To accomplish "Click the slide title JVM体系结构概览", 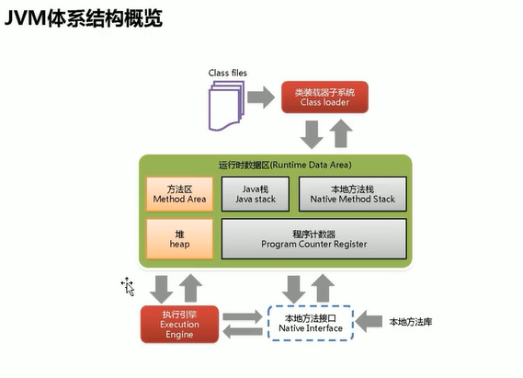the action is coord(84,17).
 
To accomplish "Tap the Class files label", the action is coord(227,73).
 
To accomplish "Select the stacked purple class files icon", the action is coord(226,106).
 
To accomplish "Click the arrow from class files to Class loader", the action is coord(261,97).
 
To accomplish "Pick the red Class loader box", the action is coord(324,97).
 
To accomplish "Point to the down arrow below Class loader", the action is coord(312,134).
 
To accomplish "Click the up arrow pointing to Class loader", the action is coord(341,133).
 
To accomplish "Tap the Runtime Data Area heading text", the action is coord(285,165).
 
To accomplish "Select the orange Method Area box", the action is coord(179,194).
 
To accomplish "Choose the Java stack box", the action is coord(256,194).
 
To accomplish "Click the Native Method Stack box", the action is coord(353,194).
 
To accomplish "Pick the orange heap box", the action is coord(179,239).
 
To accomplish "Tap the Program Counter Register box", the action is coord(313,239).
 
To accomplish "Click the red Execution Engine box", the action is coord(179,325).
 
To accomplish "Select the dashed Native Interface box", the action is coord(311,323).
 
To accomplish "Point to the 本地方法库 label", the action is coord(411,322).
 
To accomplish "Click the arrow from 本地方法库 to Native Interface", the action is coord(369,321).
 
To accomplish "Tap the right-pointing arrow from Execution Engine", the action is coord(243,316).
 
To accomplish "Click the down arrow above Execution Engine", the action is coord(162,290).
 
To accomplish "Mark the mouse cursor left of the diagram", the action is coord(128,287).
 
